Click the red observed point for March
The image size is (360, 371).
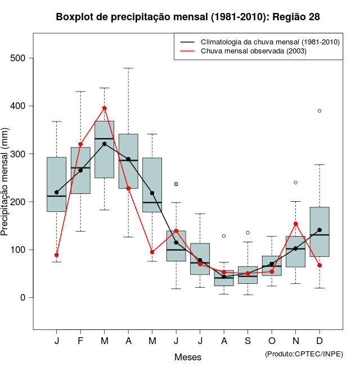(x=105, y=108)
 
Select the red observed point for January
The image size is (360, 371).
(x=57, y=255)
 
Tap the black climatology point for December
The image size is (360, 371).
(x=319, y=230)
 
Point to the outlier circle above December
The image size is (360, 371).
(x=319, y=111)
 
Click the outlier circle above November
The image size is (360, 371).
(x=296, y=182)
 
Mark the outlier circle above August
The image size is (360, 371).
(x=224, y=236)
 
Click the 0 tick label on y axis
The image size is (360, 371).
(x=22, y=297)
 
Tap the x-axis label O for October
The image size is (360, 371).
(x=272, y=341)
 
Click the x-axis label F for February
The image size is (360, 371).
(x=80, y=341)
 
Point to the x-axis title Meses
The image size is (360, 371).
(x=188, y=357)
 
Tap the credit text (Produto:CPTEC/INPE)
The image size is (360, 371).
(x=304, y=354)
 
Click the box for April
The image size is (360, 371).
(x=128, y=161)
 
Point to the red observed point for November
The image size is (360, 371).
(x=296, y=224)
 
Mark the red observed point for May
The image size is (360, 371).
(x=152, y=252)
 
